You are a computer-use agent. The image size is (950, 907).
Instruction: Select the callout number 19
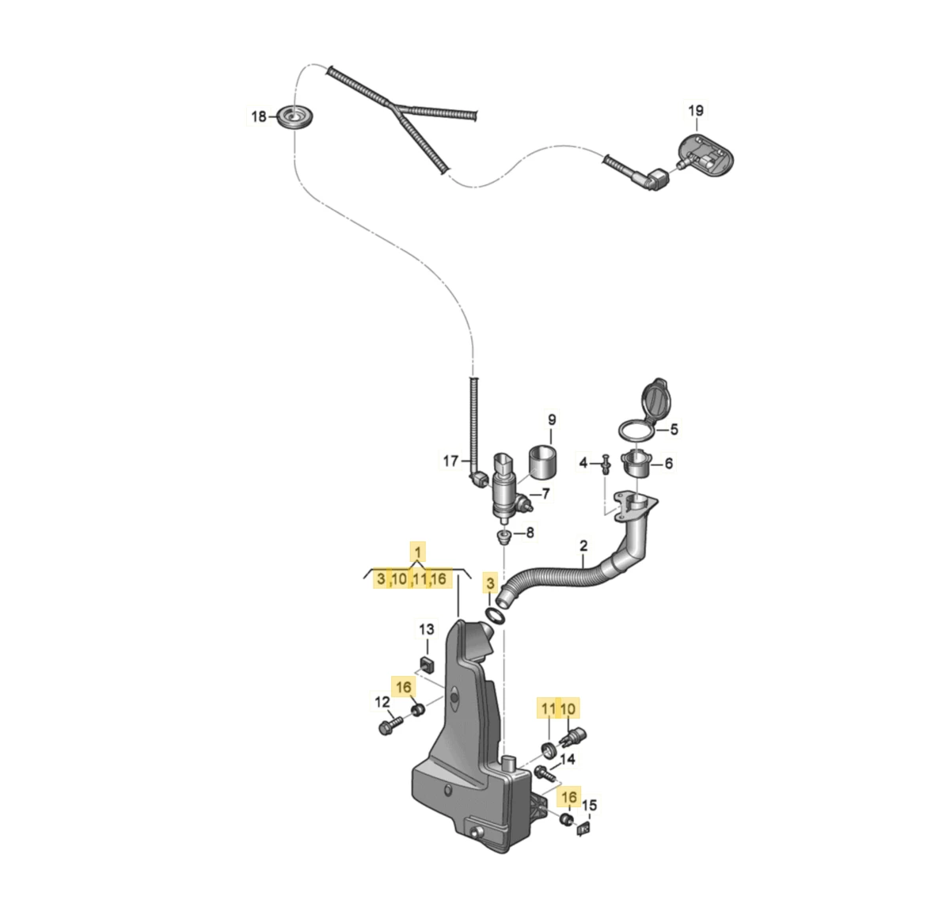(x=695, y=111)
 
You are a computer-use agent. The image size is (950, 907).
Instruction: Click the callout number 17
(x=450, y=461)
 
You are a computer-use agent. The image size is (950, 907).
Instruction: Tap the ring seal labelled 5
(x=636, y=430)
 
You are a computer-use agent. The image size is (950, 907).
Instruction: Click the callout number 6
(x=669, y=464)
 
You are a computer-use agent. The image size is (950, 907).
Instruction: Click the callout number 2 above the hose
(x=583, y=546)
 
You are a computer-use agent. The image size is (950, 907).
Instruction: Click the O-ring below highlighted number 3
(x=496, y=616)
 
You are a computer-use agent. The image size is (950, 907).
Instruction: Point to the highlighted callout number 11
(x=548, y=708)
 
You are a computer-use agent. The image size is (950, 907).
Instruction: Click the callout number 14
(x=567, y=761)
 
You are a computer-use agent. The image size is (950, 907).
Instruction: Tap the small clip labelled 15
(x=584, y=829)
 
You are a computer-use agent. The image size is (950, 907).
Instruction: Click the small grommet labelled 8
(x=502, y=538)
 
